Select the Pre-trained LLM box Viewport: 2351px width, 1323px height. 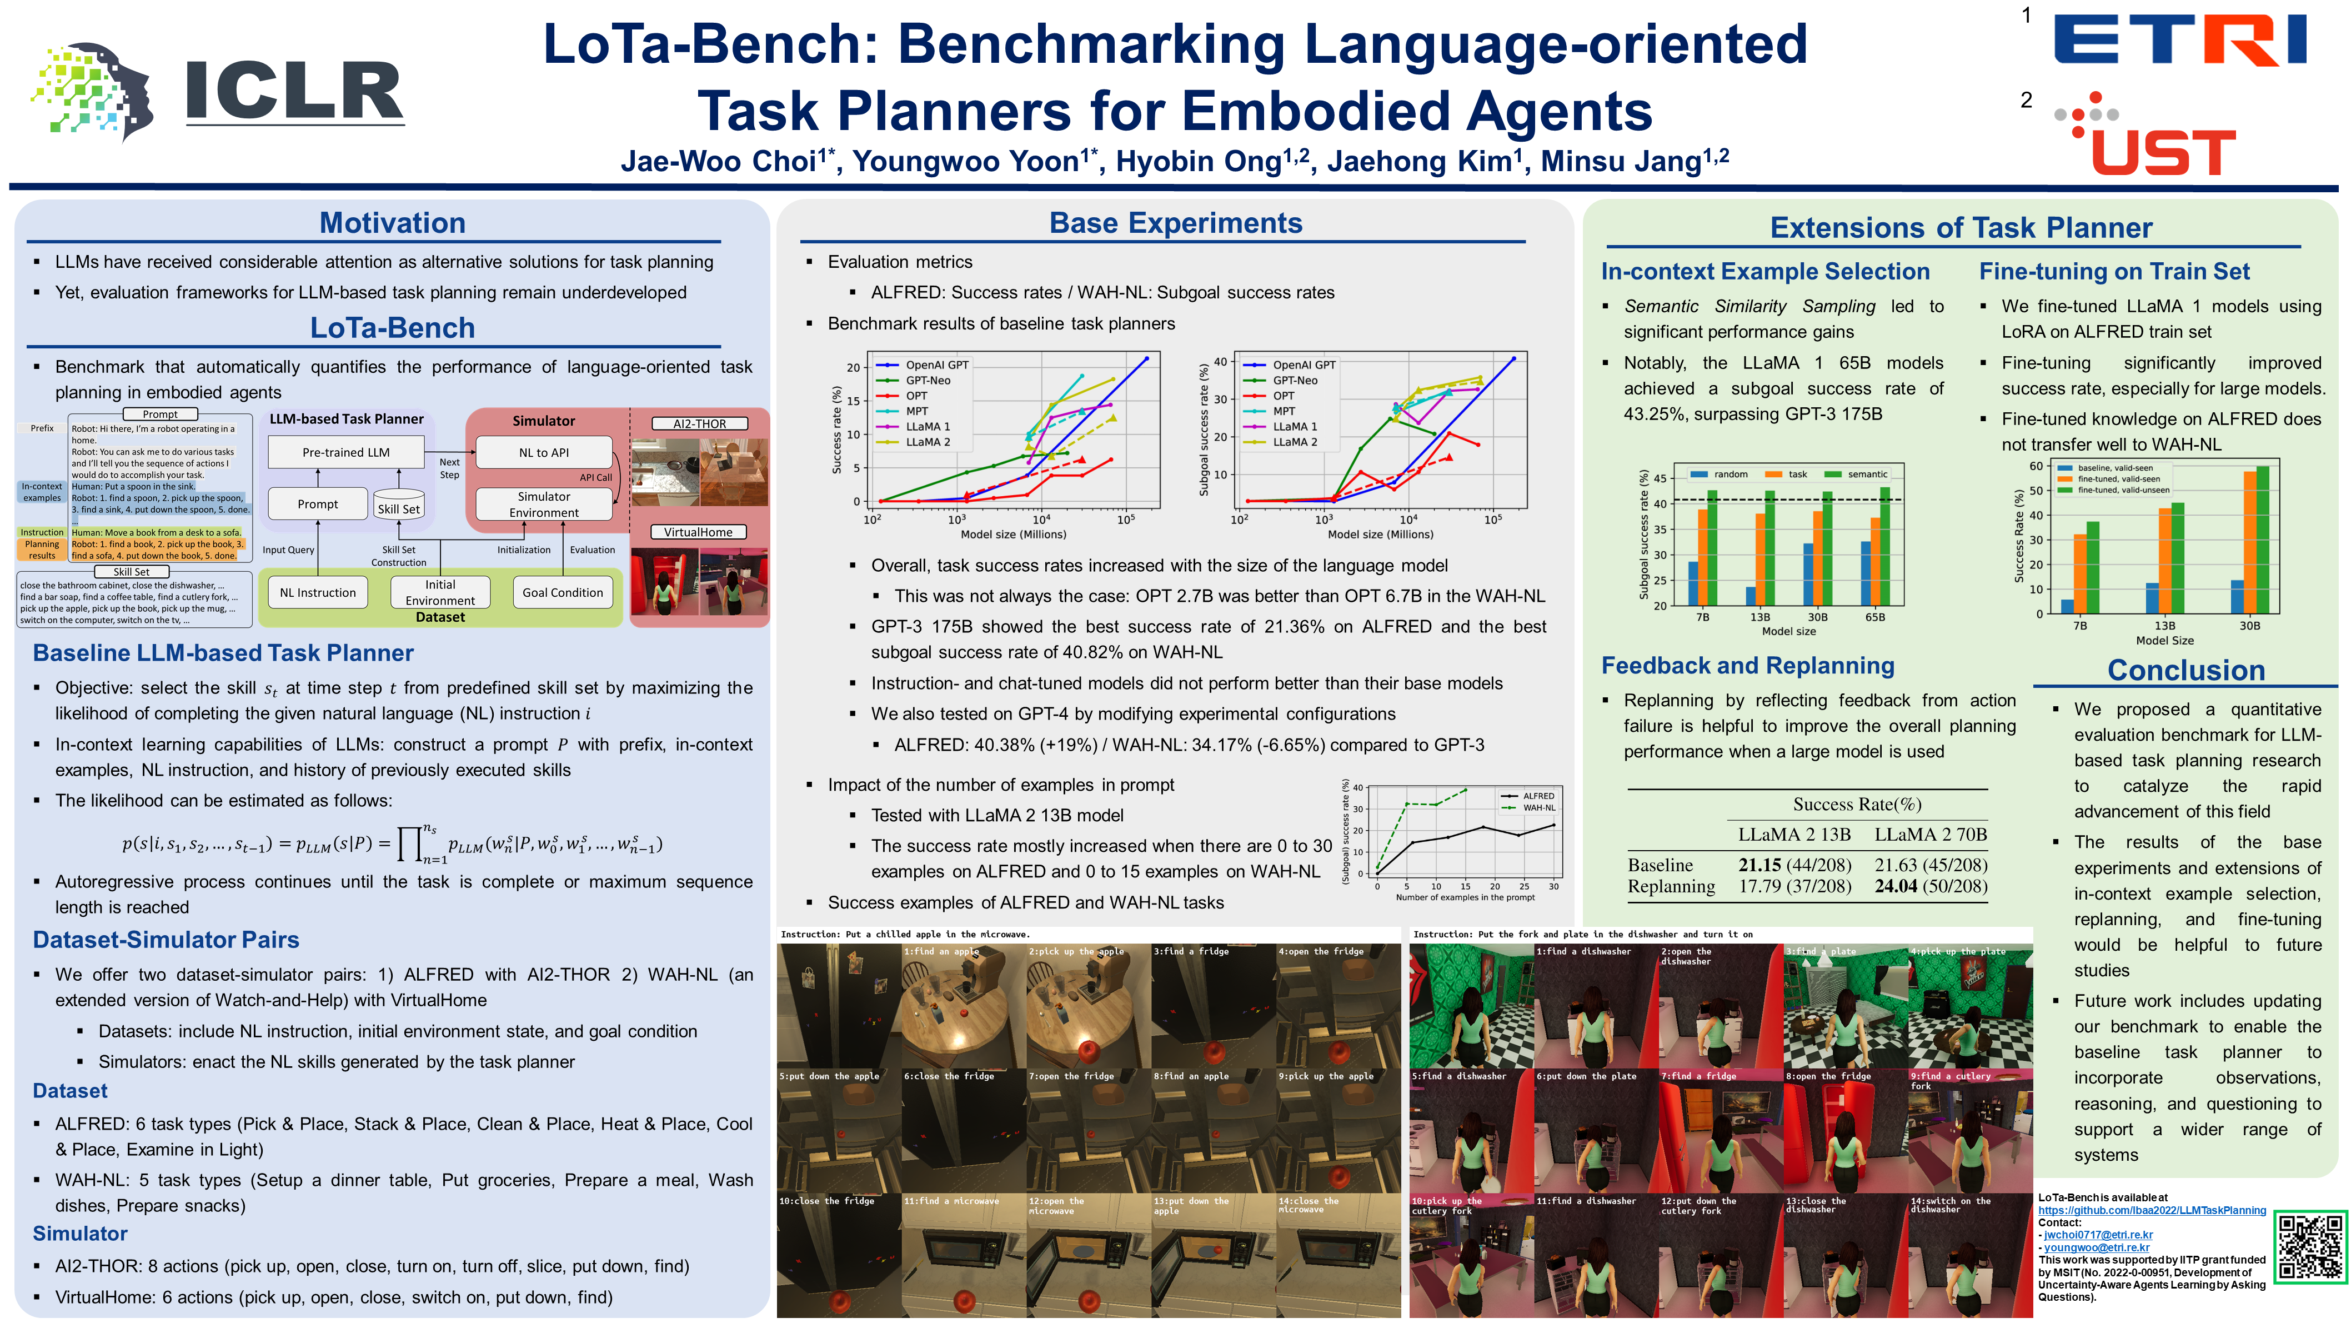(346, 452)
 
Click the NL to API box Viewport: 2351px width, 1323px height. (544, 452)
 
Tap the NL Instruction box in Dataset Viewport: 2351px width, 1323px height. (318, 592)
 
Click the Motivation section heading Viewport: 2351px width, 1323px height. (393, 223)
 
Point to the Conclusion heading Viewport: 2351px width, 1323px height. (2186, 670)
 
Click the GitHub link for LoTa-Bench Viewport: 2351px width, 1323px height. (2151, 1210)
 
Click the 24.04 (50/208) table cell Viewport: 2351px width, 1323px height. (1930, 886)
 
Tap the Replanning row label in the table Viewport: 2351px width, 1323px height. (1671, 886)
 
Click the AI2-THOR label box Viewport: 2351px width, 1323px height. (699, 423)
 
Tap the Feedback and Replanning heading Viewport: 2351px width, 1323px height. (1748, 666)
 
